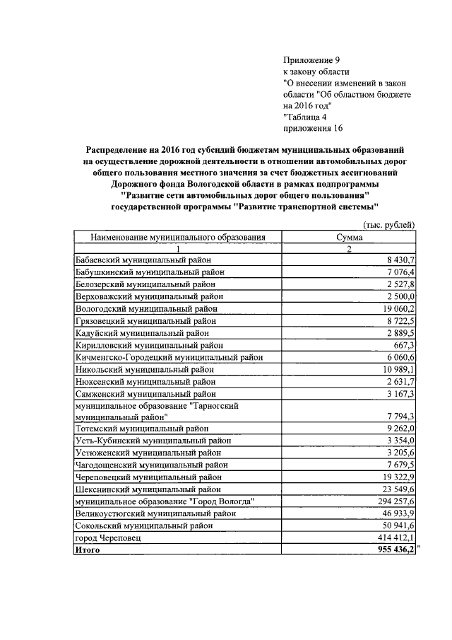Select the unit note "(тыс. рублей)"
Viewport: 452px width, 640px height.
388,224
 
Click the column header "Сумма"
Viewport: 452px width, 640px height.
350,237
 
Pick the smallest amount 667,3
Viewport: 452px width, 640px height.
403,344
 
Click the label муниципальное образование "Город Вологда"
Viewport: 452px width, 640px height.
164,500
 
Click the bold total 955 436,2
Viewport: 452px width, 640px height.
393,549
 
